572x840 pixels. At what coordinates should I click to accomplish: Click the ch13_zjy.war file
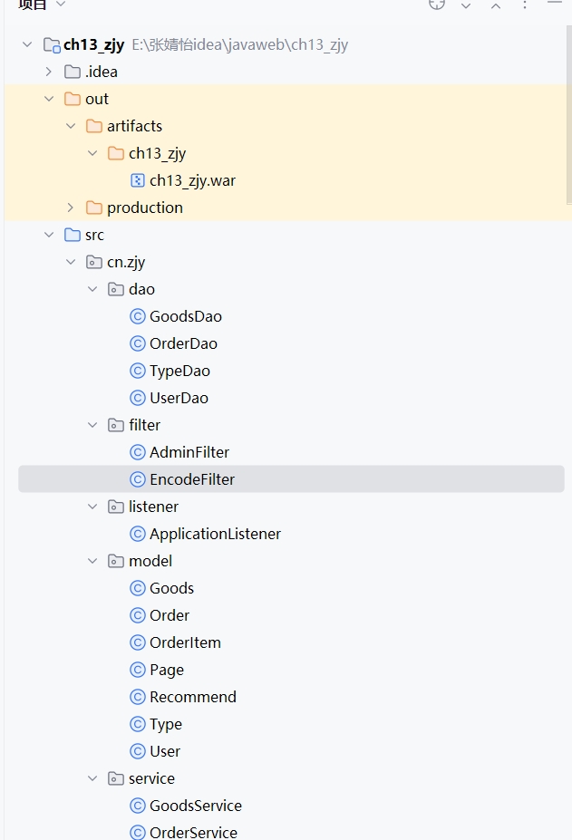pos(192,180)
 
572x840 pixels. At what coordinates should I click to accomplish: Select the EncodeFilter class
pos(192,479)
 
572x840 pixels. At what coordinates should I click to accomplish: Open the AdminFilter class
pos(189,452)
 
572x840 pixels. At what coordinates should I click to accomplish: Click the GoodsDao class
pos(185,316)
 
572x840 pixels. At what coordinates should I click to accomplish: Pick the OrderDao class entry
pos(183,343)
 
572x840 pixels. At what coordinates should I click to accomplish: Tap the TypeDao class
pos(179,371)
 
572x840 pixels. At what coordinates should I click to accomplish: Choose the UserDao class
pos(179,398)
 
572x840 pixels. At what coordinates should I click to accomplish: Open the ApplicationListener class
pos(215,534)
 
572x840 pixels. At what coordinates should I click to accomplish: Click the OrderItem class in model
pos(185,642)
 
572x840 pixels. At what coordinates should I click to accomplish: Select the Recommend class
pos(192,697)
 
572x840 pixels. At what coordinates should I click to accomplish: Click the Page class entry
pos(167,670)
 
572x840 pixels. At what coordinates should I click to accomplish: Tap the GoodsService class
pos(195,806)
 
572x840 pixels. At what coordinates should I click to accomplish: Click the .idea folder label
pos(101,72)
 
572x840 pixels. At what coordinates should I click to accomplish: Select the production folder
pos(144,208)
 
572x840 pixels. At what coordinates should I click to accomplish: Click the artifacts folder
pos(134,126)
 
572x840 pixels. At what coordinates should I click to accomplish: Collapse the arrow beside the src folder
pos(49,235)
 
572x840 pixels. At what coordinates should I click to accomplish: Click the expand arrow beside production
pos(71,208)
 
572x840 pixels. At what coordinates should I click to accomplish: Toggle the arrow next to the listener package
pos(92,507)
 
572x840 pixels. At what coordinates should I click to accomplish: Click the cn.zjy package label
pos(125,262)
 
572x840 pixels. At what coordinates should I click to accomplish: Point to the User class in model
pos(165,751)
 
